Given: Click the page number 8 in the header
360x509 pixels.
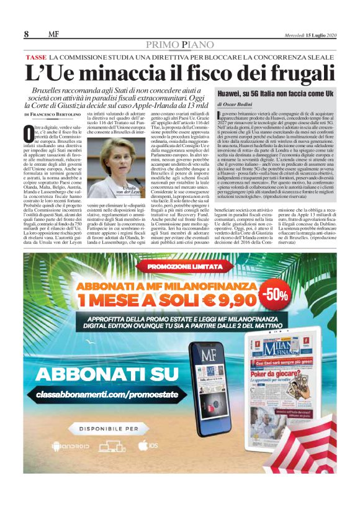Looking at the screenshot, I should tap(27, 34).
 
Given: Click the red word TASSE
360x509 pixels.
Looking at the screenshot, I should tap(37, 57).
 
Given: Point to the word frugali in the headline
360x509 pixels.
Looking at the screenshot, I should tap(287, 73).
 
